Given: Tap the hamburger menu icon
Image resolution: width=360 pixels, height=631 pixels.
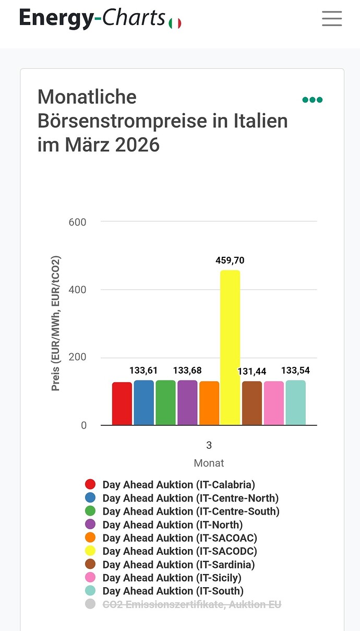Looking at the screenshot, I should pyautogui.click(x=332, y=19).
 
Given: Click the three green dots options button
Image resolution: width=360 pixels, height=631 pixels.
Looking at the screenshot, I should pyautogui.click(x=313, y=100).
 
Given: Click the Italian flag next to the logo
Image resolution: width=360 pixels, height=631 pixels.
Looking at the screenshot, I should pyautogui.click(x=175, y=23).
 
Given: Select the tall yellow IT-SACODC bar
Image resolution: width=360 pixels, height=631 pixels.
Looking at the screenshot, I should pyautogui.click(x=230, y=347).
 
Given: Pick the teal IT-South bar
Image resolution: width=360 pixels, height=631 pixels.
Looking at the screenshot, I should pyautogui.click(x=295, y=402).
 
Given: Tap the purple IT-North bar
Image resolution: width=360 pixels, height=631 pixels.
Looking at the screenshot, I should pyautogui.click(x=187, y=402).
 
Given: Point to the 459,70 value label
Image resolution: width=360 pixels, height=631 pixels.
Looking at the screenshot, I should pyautogui.click(x=230, y=260).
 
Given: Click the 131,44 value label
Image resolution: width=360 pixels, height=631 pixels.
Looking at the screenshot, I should pyautogui.click(x=252, y=371).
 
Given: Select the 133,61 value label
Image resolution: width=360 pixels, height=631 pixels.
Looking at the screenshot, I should pyautogui.click(x=143, y=371).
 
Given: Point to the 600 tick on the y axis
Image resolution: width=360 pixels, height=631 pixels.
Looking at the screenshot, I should pyautogui.click(x=77, y=222).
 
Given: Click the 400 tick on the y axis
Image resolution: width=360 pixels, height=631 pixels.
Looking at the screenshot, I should pyautogui.click(x=77, y=290).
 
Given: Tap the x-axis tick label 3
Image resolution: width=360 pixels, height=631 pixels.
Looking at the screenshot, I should pyautogui.click(x=209, y=445).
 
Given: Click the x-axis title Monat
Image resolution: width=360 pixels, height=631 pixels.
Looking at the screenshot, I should pyautogui.click(x=209, y=463).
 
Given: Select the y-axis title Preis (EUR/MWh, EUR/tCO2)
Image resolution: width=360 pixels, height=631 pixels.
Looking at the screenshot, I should pyautogui.click(x=56, y=324).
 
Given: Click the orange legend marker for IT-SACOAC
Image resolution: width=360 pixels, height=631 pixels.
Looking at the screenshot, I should pyautogui.click(x=90, y=538).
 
